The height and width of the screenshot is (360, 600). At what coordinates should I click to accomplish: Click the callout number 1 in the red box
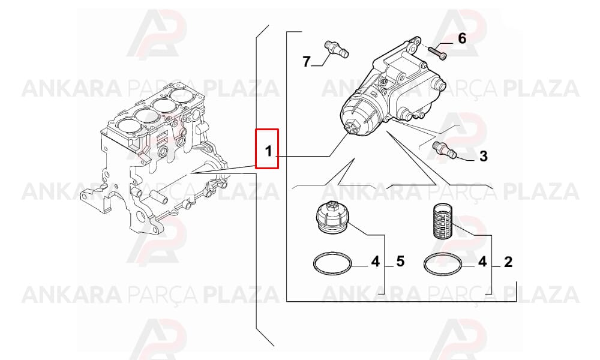268,151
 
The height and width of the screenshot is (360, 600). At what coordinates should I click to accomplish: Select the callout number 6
462,38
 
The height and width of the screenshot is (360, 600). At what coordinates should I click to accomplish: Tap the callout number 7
306,62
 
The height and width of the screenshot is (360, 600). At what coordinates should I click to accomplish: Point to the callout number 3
483,156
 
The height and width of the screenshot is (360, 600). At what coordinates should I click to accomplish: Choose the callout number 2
508,262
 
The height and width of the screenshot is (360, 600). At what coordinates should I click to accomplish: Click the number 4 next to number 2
482,262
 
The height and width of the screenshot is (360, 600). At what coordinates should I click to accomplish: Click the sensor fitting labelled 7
337,49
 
